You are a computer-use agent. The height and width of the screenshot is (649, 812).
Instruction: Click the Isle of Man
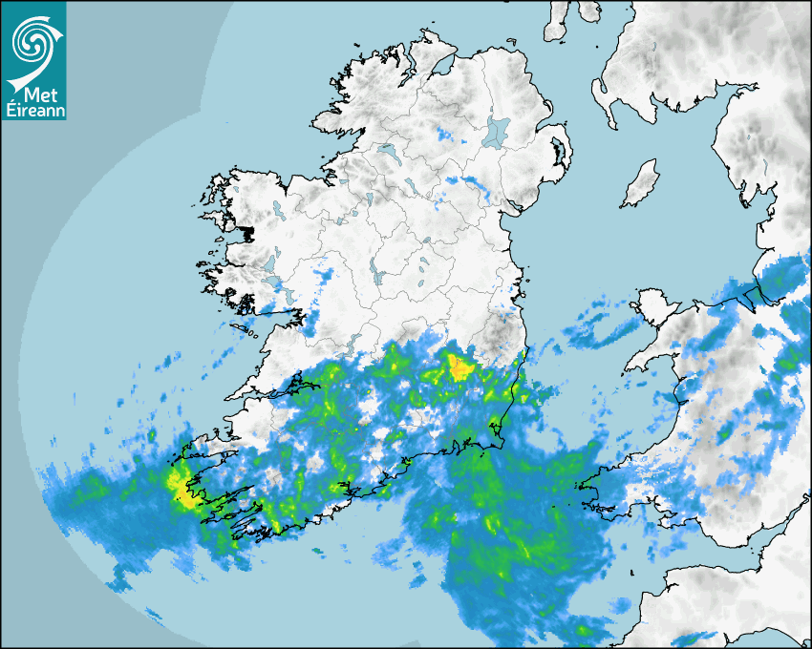coord(641,184)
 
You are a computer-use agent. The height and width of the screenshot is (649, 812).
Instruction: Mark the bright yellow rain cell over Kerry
coord(179,485)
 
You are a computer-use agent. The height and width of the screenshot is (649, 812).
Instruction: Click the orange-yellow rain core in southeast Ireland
coord(460,366)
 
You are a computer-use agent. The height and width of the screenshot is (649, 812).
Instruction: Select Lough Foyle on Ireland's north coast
coord(441,68)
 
